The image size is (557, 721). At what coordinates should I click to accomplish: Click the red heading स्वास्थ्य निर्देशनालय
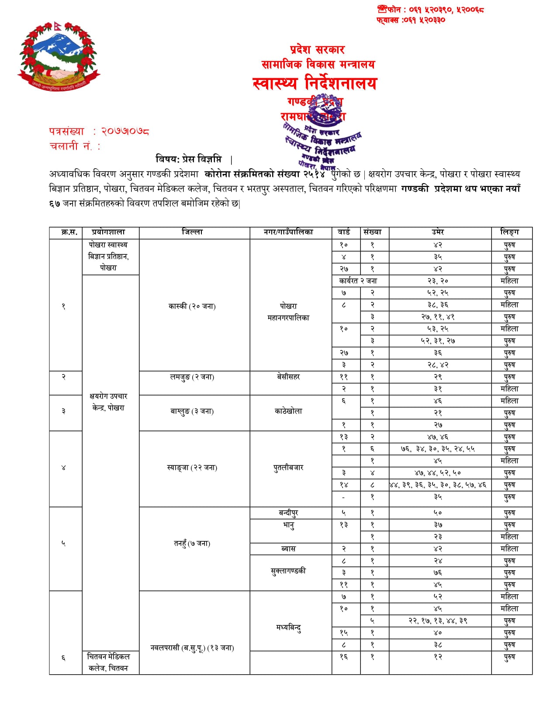(315, 83)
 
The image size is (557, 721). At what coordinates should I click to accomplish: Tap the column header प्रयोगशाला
(108, 232)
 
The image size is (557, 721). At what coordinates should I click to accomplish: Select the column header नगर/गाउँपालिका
(288, 232)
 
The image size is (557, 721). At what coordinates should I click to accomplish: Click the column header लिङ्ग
(509, 232)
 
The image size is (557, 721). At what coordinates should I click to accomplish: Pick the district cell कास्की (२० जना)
(192, 306)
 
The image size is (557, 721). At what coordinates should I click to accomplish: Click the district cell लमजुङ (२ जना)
(192, 377)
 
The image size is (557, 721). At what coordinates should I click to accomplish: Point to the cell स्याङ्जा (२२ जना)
(192, 468)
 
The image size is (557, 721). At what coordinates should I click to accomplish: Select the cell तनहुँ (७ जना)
(192, 544)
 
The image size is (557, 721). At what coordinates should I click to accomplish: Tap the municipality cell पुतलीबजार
(288, 468)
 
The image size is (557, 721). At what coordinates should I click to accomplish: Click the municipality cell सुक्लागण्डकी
(288, 571)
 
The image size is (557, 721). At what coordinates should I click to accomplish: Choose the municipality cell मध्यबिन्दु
(288, 627)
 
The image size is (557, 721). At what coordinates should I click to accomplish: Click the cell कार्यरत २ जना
(358, 281)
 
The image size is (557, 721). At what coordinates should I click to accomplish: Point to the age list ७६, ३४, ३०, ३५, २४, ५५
(438, 449)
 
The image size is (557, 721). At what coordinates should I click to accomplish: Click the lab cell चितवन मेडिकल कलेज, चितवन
(108, 662)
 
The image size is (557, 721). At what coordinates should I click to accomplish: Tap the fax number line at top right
(411, 20)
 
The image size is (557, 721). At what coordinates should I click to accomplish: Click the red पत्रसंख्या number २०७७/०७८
(125, 131)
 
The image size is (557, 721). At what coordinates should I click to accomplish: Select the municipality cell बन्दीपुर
(288, 513)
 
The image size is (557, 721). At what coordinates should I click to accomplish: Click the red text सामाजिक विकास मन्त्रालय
(318, 65)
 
